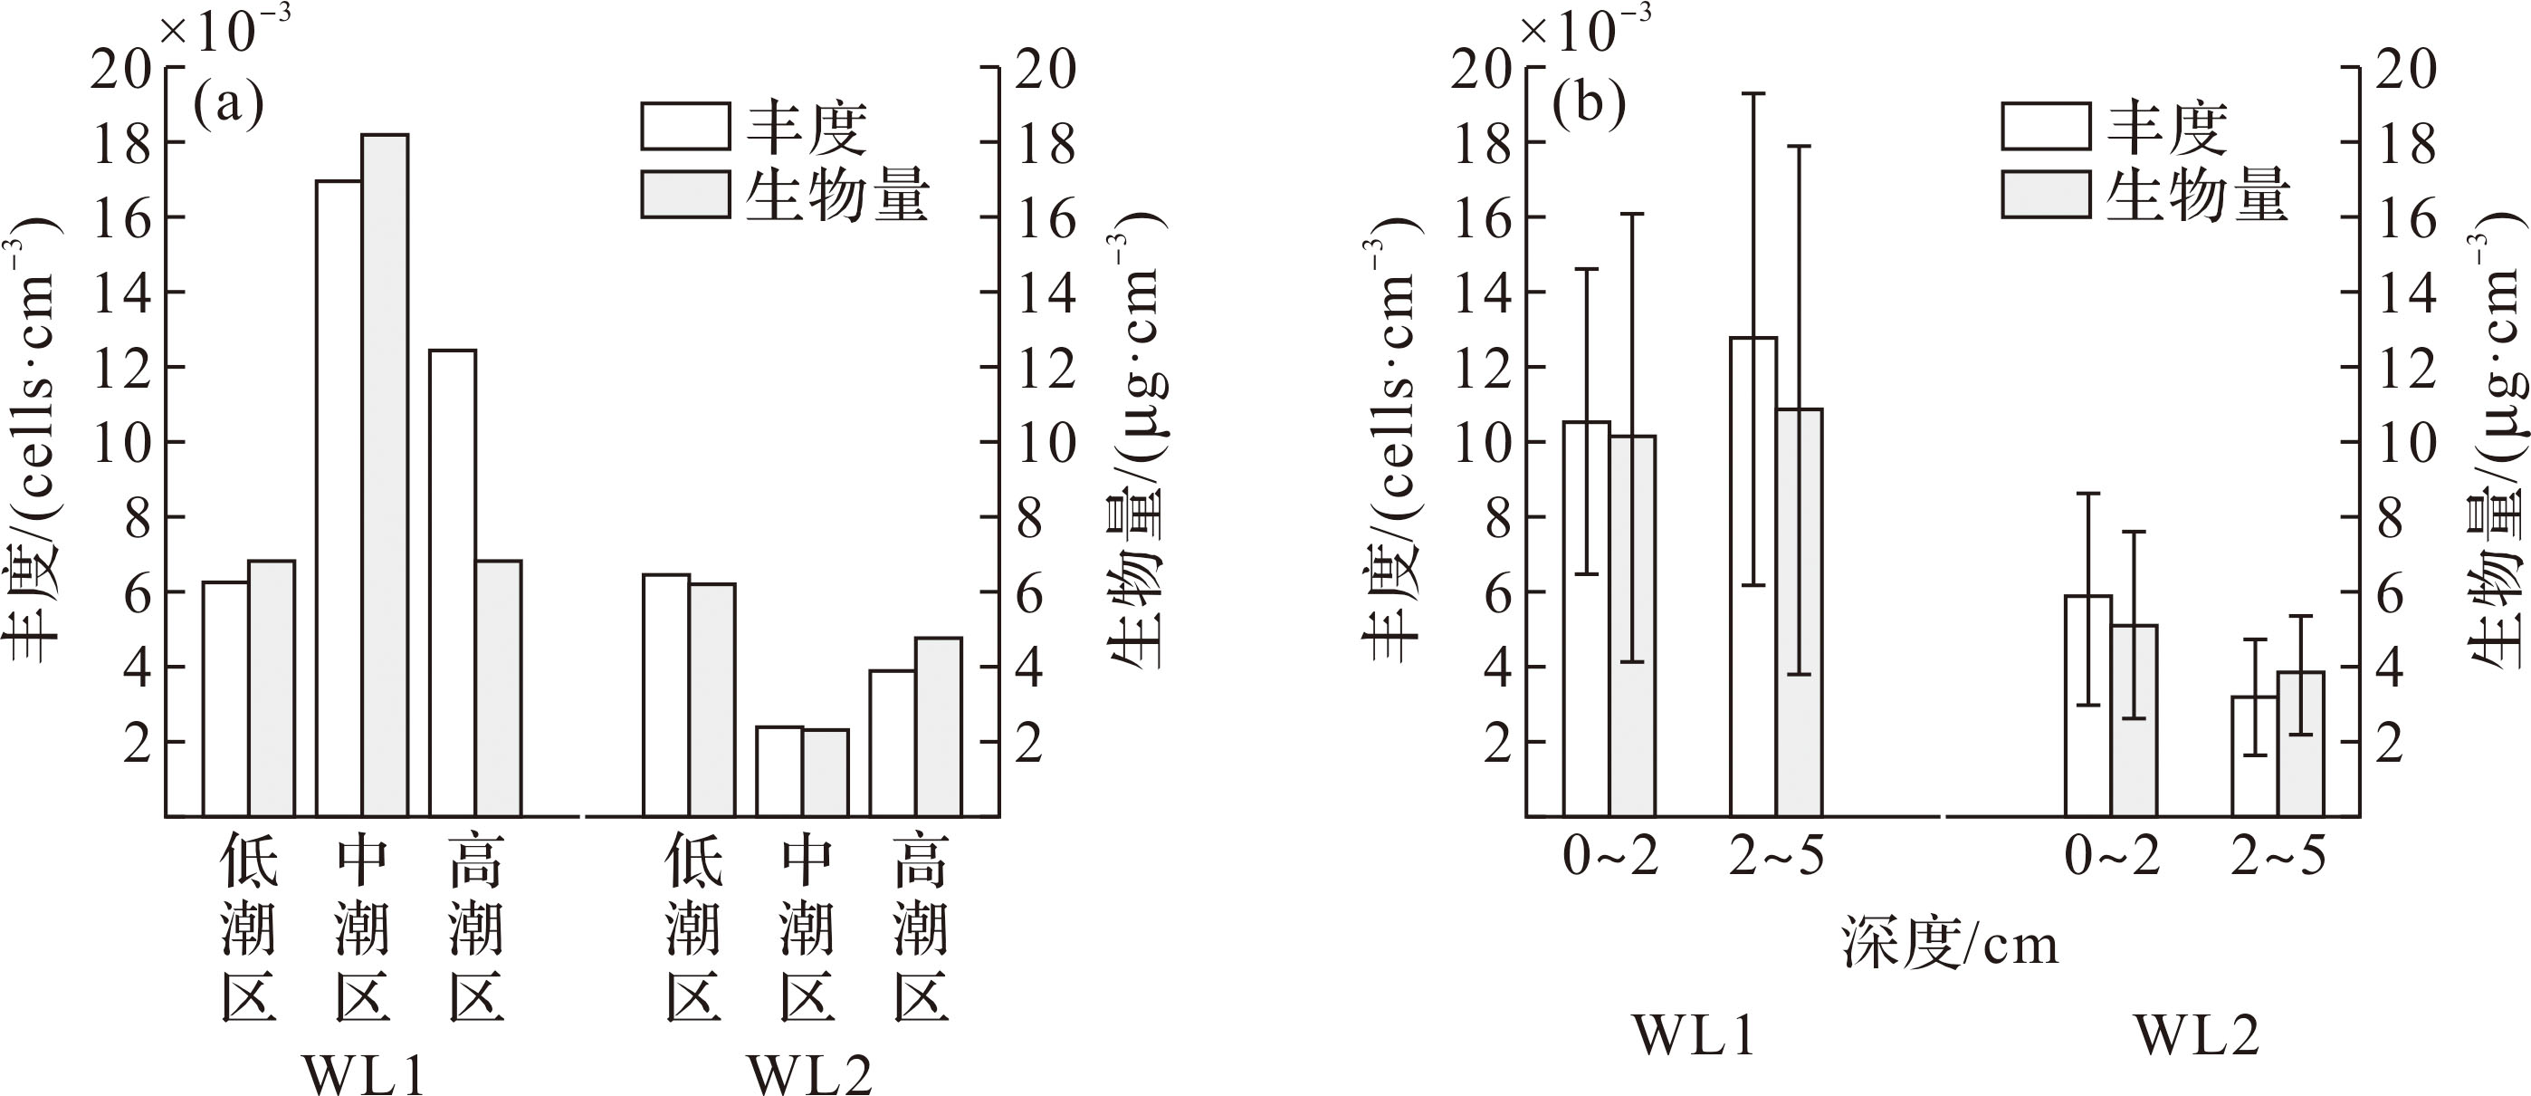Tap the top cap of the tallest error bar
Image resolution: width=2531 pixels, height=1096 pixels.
click(x=1753, y=93)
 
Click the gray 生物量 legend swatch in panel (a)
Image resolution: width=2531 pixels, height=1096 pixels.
click(x=685, y=195)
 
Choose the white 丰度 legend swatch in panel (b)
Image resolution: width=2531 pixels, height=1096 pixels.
click(x=2046, y=127)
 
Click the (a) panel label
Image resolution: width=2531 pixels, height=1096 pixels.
click(x=229, y=104)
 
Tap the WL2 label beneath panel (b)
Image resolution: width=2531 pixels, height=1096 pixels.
click(x=2197, y=1035)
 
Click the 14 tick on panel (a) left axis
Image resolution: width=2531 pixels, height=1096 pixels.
click(x=122, y=293)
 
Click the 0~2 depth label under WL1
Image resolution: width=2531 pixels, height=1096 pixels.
click(x=1610, y=857)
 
